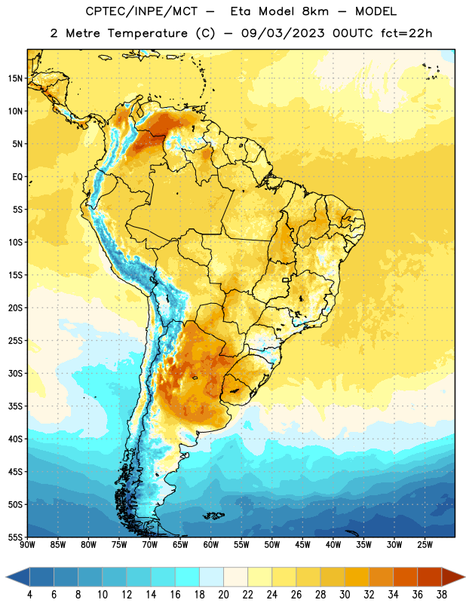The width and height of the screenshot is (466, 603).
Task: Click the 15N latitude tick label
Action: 15,78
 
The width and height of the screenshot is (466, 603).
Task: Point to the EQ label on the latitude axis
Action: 17,177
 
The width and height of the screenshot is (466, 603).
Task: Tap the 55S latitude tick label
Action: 15,537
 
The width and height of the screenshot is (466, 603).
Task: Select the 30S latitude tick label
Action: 15,373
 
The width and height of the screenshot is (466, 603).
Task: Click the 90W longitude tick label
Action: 27,545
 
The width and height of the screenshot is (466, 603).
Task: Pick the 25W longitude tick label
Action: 425,545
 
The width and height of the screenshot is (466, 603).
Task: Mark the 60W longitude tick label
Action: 211,545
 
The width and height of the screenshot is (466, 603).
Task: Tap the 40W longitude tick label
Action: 333,545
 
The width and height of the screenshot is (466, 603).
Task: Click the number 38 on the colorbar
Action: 441,595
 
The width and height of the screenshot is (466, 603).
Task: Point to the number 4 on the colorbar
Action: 29,595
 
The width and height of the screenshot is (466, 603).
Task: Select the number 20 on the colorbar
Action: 223,595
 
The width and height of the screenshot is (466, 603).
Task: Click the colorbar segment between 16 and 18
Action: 188,577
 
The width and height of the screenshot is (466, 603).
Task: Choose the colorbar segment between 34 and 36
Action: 405,577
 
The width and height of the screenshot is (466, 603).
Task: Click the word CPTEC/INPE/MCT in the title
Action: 142,11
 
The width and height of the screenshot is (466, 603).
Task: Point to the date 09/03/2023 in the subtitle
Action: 283,33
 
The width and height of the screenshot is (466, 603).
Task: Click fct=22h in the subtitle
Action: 406,33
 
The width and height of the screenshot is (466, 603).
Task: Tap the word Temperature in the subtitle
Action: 147,33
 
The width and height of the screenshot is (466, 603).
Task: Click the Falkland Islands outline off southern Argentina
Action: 213,516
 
